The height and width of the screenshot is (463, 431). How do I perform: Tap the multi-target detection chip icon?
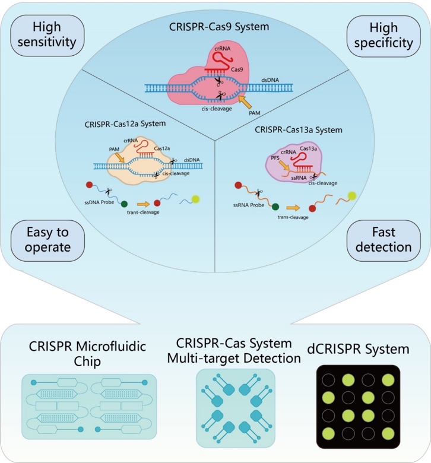(235, 407)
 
